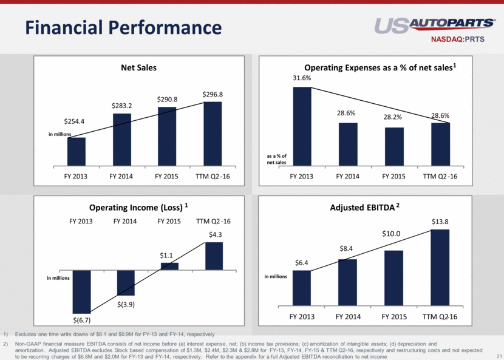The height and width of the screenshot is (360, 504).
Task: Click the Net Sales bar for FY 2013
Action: pyautogui.click(x=77, y=151)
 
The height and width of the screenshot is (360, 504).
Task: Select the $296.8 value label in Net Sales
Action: pyautogui.click(x=214, y=95)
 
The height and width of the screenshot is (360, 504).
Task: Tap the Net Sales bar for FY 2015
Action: pyautogui.click(x=167, y=136)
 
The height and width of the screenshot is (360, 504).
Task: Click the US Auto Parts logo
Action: pyautogui.click(x=435, y=26)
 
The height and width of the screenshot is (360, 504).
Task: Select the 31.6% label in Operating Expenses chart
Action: pyautogui.click(x=302, y=78)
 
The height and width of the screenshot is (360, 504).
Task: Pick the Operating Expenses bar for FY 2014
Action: pyautogui.click(x=348, y=144)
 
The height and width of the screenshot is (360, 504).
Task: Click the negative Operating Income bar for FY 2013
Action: pyautogui.click(x=81, y=291)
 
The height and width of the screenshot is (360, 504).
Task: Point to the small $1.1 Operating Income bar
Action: pyautogui.click(x=169, y=267)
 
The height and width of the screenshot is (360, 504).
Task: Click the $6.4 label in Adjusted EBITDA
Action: pyautogui.click(x=302, y=262)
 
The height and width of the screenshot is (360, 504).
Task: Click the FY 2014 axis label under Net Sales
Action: pyautogui.click(x=122, y=177)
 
